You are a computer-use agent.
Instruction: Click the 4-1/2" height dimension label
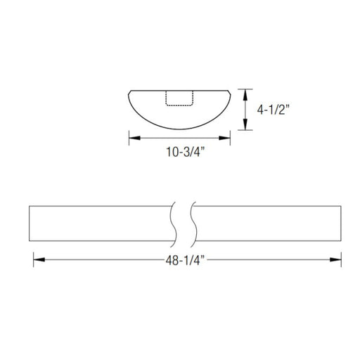coord(274,110)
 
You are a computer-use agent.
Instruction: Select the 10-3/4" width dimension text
coord(186,152)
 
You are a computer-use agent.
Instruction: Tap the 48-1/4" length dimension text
coord(185,260)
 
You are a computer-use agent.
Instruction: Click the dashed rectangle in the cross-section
coord(179,98)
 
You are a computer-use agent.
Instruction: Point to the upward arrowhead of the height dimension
coord(245,95)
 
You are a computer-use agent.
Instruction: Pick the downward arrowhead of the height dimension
coord(245,124)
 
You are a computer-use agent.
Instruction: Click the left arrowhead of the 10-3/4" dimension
coord(134,138)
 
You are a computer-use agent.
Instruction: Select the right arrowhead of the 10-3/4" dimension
coord(224,138)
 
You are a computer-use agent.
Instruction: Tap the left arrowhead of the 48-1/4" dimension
coord(39,259)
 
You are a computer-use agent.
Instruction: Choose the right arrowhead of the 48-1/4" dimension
coord(335,259)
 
